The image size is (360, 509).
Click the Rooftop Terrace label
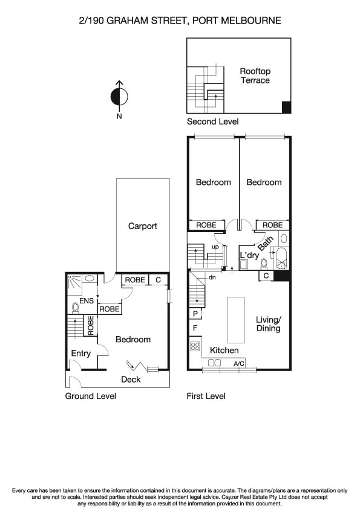coord(255,76)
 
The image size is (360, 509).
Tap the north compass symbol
coord(119,96)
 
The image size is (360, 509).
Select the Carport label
coord(143,226)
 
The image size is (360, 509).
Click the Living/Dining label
coord(268,324)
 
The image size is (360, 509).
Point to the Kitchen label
coord(224,350)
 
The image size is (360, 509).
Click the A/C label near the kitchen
coord(239,364)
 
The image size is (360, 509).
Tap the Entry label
coord(80,354)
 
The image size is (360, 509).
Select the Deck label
coord(131,379)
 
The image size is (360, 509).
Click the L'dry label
coord(249,256)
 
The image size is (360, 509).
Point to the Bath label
coord(265,244)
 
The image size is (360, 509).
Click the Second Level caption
coord(212,122)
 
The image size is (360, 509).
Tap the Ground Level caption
coord(90,396)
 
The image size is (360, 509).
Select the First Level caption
coord(206,396)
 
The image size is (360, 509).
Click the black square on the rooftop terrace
coord(286,108)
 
